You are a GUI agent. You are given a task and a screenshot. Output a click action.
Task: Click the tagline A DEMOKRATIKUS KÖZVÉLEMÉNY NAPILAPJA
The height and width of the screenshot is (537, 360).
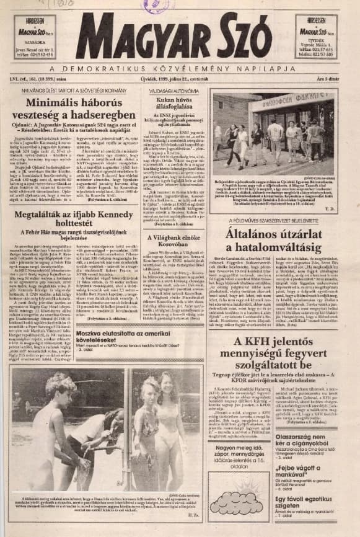[180, 68]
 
